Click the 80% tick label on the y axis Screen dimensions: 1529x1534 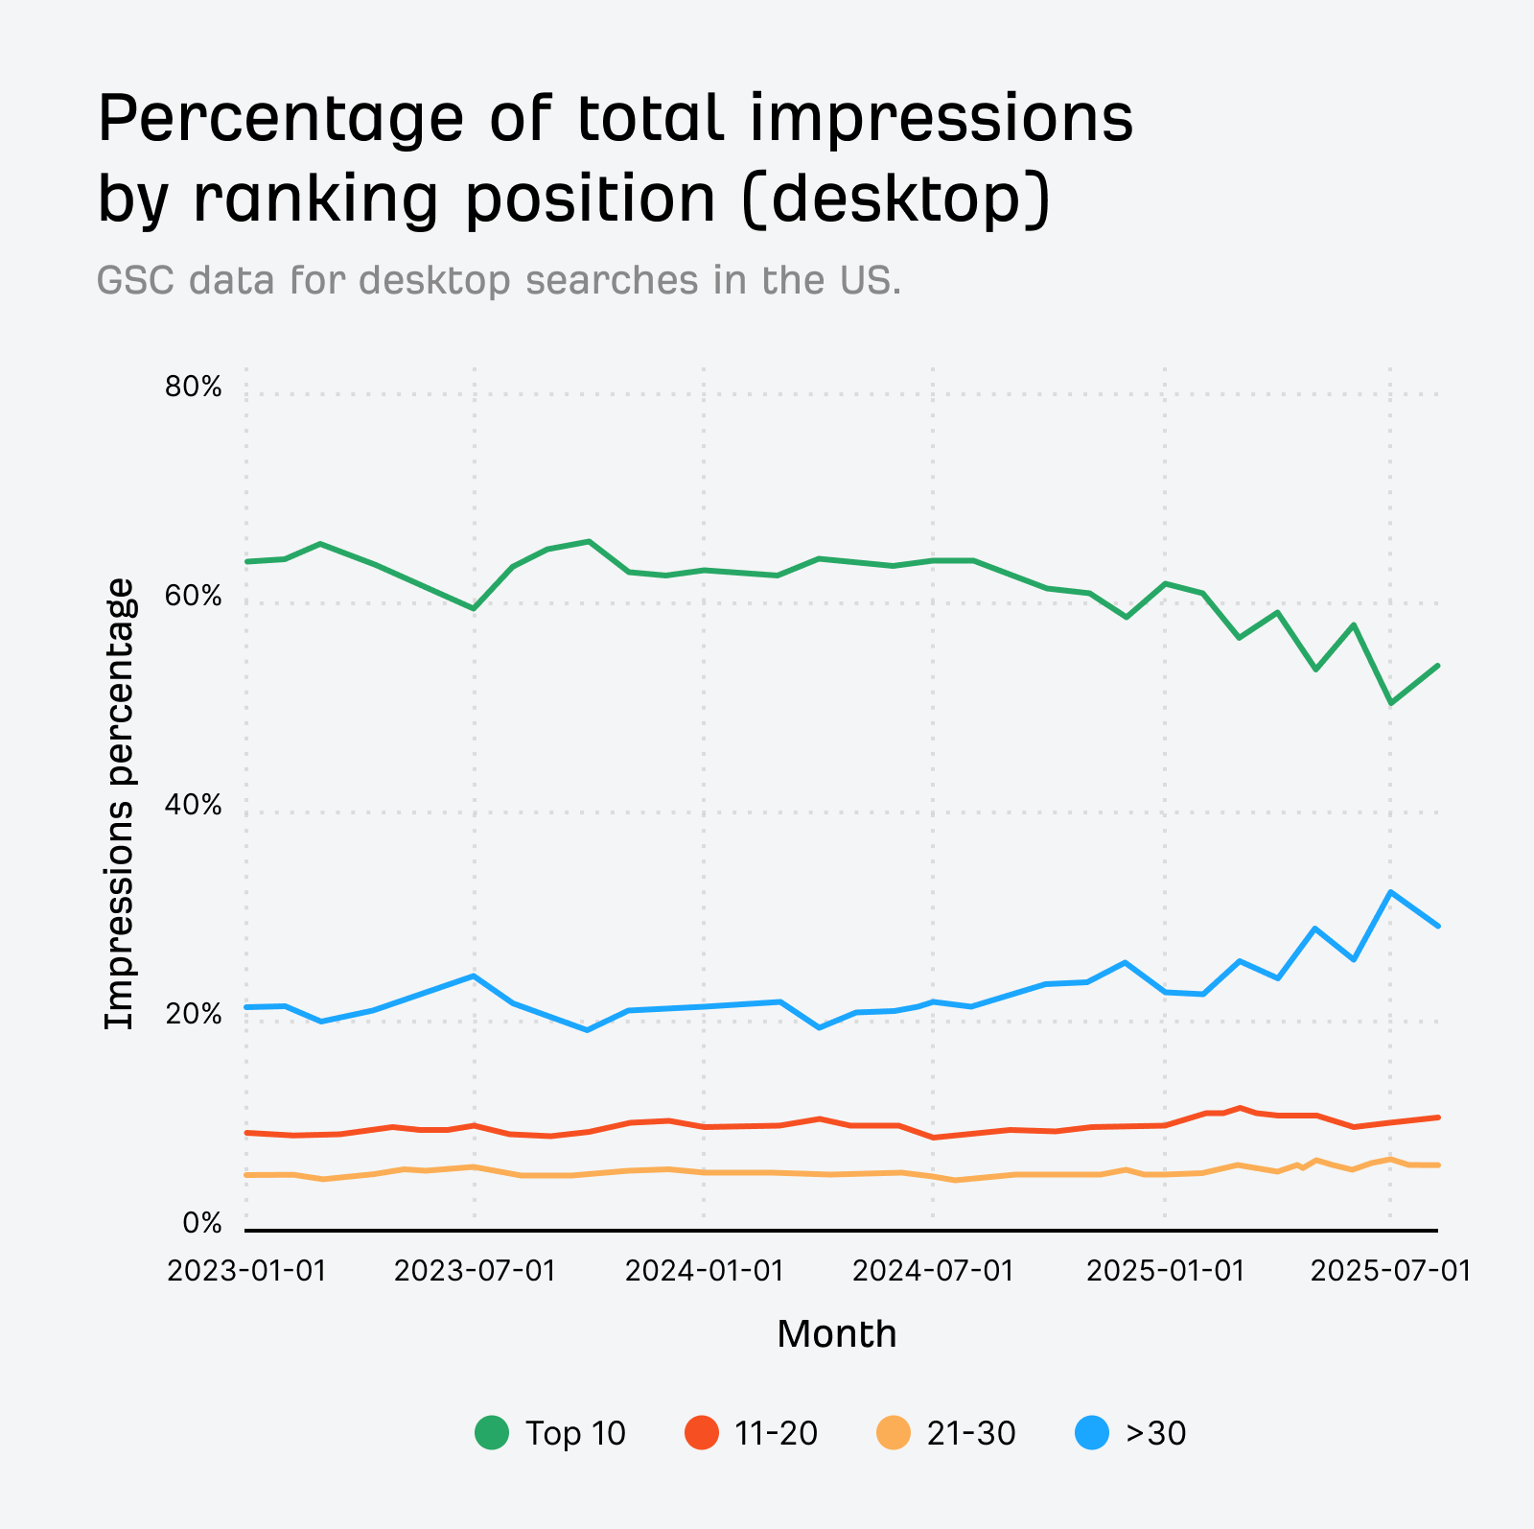pyautogui.click(x=194, y=388)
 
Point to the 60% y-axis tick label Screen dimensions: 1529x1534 pyautogui.click(x=194, y=597)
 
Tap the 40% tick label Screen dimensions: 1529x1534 pyautogui.click(x=194, y=806)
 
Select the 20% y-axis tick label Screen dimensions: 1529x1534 pyautogui.click(x=194, y=1015)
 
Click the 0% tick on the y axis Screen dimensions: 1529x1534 pyautogui.click(x=202, y=1224)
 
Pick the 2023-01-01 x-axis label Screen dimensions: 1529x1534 pyautogui.click(x=246, y=1270)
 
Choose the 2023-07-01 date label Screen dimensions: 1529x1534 pyautogui.click(x=475, y=1270)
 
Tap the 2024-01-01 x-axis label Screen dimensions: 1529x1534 pyautogui.click(x=704, y=1270)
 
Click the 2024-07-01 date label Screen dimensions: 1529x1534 pyautogui.click(x=933, y=1270)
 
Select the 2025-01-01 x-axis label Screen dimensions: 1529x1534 pyautogui.click(x=1165, y=1270)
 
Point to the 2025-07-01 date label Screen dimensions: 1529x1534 pyautogui.click(x=1390, y=1270)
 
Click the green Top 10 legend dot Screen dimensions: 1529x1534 pyautogui.click(x=492, y=1433)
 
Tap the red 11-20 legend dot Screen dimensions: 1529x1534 pyautogui.click(x=702, y=1433)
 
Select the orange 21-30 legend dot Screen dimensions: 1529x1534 pyautogui.click(x=894, y=1433)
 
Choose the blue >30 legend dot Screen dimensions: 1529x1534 pyautogui.click(x=1092, y=1433)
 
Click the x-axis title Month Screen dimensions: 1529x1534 pyautogui.click(x=836, y=1334)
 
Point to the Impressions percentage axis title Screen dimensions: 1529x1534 pyautogui.click(x=120, y=804)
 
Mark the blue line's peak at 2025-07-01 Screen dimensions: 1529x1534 pyautogui.click(x=1390, y=892)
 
